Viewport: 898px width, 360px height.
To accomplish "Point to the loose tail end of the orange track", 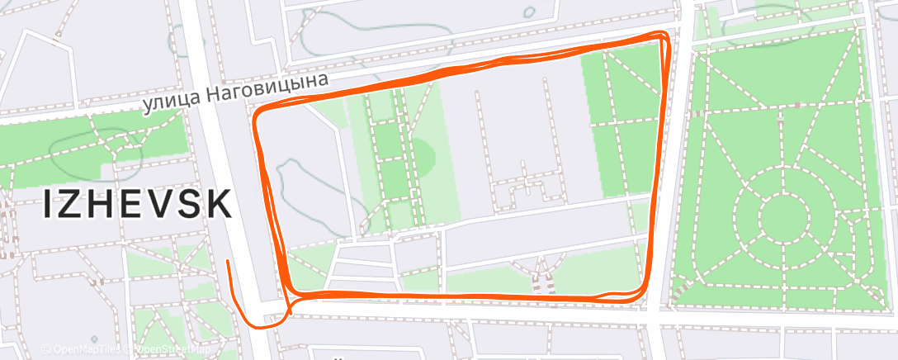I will pos(227,262).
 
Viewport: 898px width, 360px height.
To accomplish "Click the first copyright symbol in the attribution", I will pos(46,349).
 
